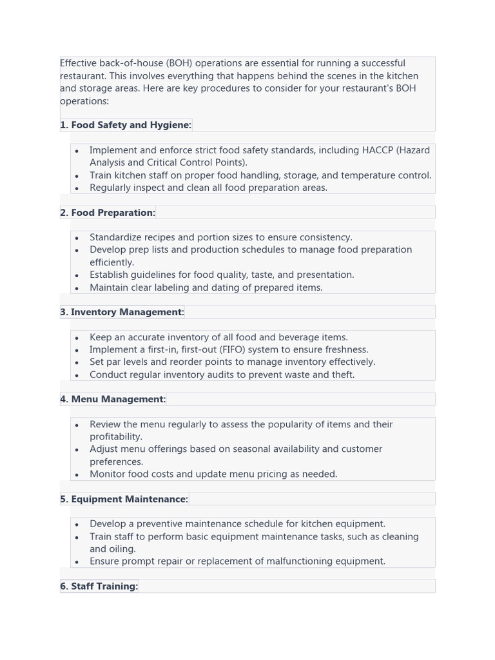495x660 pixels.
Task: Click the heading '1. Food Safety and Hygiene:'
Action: [126, 125]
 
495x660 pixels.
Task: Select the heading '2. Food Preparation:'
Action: [108, 213]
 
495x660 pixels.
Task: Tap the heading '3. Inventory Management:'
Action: [122, 312]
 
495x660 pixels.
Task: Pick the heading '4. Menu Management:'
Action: [113, 399]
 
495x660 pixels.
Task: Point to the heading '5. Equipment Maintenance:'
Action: [124, 499]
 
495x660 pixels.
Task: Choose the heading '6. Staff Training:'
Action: [99, 586]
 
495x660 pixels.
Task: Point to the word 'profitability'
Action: [116, 436]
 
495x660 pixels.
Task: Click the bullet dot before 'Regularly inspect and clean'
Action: [77, 188]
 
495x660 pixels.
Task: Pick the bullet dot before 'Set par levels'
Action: [77, 362]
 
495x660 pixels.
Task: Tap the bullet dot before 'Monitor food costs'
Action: [77, 474]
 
